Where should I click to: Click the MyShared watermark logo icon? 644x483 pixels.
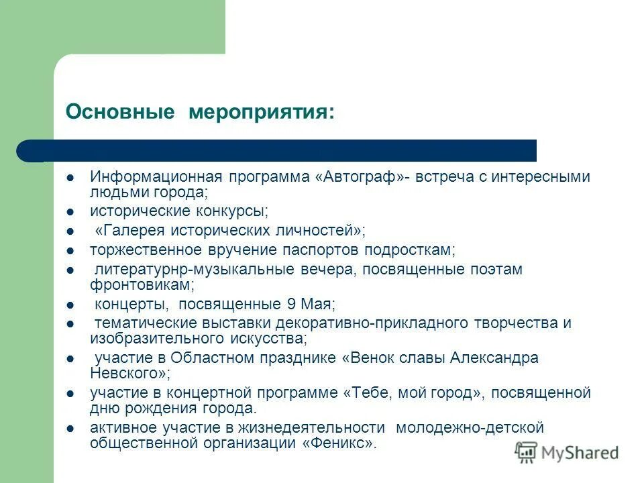(x=527, y=453)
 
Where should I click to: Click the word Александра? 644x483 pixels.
(x=497, y=358)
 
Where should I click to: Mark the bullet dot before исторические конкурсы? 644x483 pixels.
(x=70, y=212)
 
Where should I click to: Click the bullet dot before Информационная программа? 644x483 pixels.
(x=70, y=178)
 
